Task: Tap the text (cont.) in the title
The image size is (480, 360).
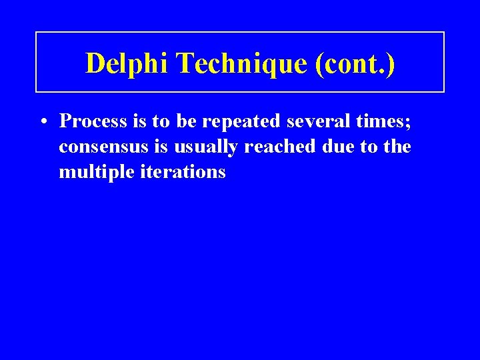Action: click(356, 63)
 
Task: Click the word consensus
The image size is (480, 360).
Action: click(99, 147)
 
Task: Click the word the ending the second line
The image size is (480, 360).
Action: click(397, 147)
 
